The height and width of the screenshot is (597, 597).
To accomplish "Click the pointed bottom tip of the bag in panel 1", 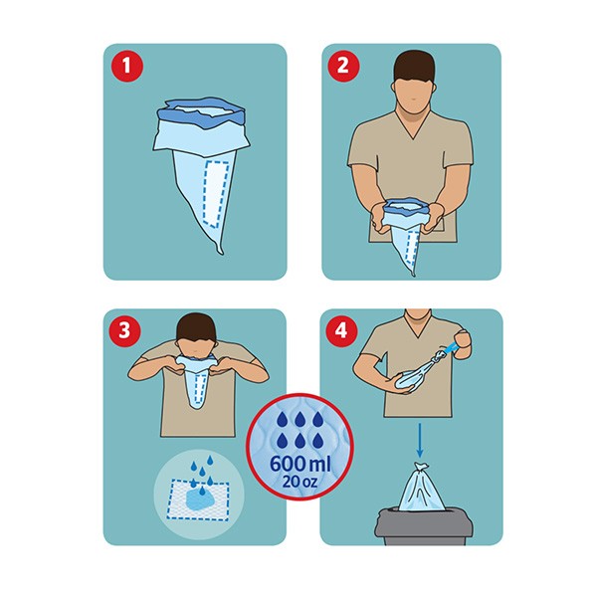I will pos(221,249).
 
